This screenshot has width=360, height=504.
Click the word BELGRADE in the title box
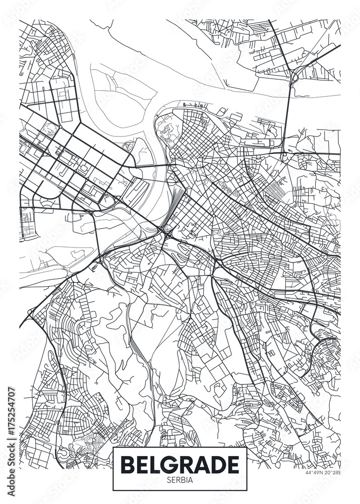(179, 465)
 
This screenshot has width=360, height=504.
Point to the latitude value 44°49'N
(313, 472)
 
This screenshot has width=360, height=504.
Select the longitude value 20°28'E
(332, 472)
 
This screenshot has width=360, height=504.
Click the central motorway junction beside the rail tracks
(167, 232)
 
